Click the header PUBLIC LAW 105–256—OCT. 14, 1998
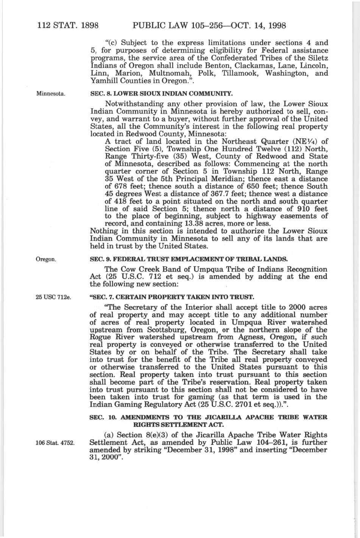click(x=208, y=26)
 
